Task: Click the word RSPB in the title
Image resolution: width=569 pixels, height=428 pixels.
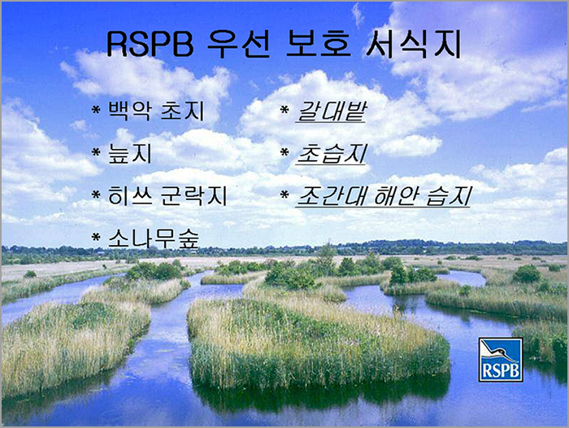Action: [150, 44]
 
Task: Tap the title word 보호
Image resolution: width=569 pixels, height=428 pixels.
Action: [319, 44]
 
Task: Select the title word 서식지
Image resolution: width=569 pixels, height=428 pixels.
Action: [414, 44]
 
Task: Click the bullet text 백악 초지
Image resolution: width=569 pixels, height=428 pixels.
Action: [156, 111]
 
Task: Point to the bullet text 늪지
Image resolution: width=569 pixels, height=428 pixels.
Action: [130, 153]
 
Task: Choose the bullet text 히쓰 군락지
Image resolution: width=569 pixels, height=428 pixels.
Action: [167, 195]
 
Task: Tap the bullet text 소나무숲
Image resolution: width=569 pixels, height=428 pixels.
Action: [154, 238]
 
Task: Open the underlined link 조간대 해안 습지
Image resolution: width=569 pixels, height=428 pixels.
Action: [384, 196]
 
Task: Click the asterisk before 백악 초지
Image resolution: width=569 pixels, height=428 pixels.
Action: [96, 109]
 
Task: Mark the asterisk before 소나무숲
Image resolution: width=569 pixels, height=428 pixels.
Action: [96, 238]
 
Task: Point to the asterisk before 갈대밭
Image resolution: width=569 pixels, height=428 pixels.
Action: [284, 109]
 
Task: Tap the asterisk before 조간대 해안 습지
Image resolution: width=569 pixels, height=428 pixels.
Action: [284, 195]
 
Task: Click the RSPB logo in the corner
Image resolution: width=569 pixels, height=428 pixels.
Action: [501, 360]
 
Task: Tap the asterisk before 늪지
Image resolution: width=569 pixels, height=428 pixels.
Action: [96, 152]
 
